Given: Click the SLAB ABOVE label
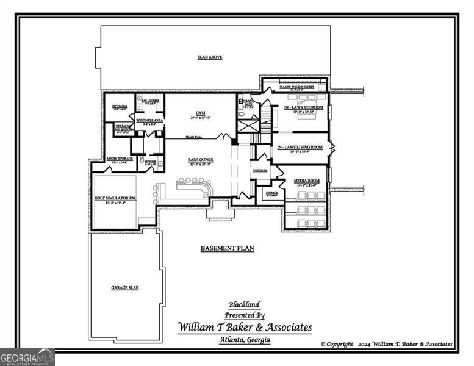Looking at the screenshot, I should coord(209,57).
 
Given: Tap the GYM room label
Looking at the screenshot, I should coord(200,113).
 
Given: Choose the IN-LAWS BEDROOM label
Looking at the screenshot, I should coord(303,107).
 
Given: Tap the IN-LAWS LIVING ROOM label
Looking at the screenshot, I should coord(300,148).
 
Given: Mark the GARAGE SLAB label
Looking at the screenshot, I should coord(124,287).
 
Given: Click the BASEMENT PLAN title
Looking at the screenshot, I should coord(227,248).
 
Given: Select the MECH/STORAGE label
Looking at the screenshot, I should coord(120,159).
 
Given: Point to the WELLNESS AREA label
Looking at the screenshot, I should coord(149,121).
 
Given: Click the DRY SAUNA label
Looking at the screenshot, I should coord(119,106).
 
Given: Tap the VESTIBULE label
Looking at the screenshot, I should coord(260,170).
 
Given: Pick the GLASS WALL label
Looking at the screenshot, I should coord(195,137).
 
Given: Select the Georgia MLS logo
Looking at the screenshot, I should coord(27,356).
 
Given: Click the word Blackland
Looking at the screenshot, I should coord(244,304).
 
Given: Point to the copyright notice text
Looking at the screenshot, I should coord(387,344).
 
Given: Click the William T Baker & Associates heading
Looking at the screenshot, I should coord(244,328).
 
